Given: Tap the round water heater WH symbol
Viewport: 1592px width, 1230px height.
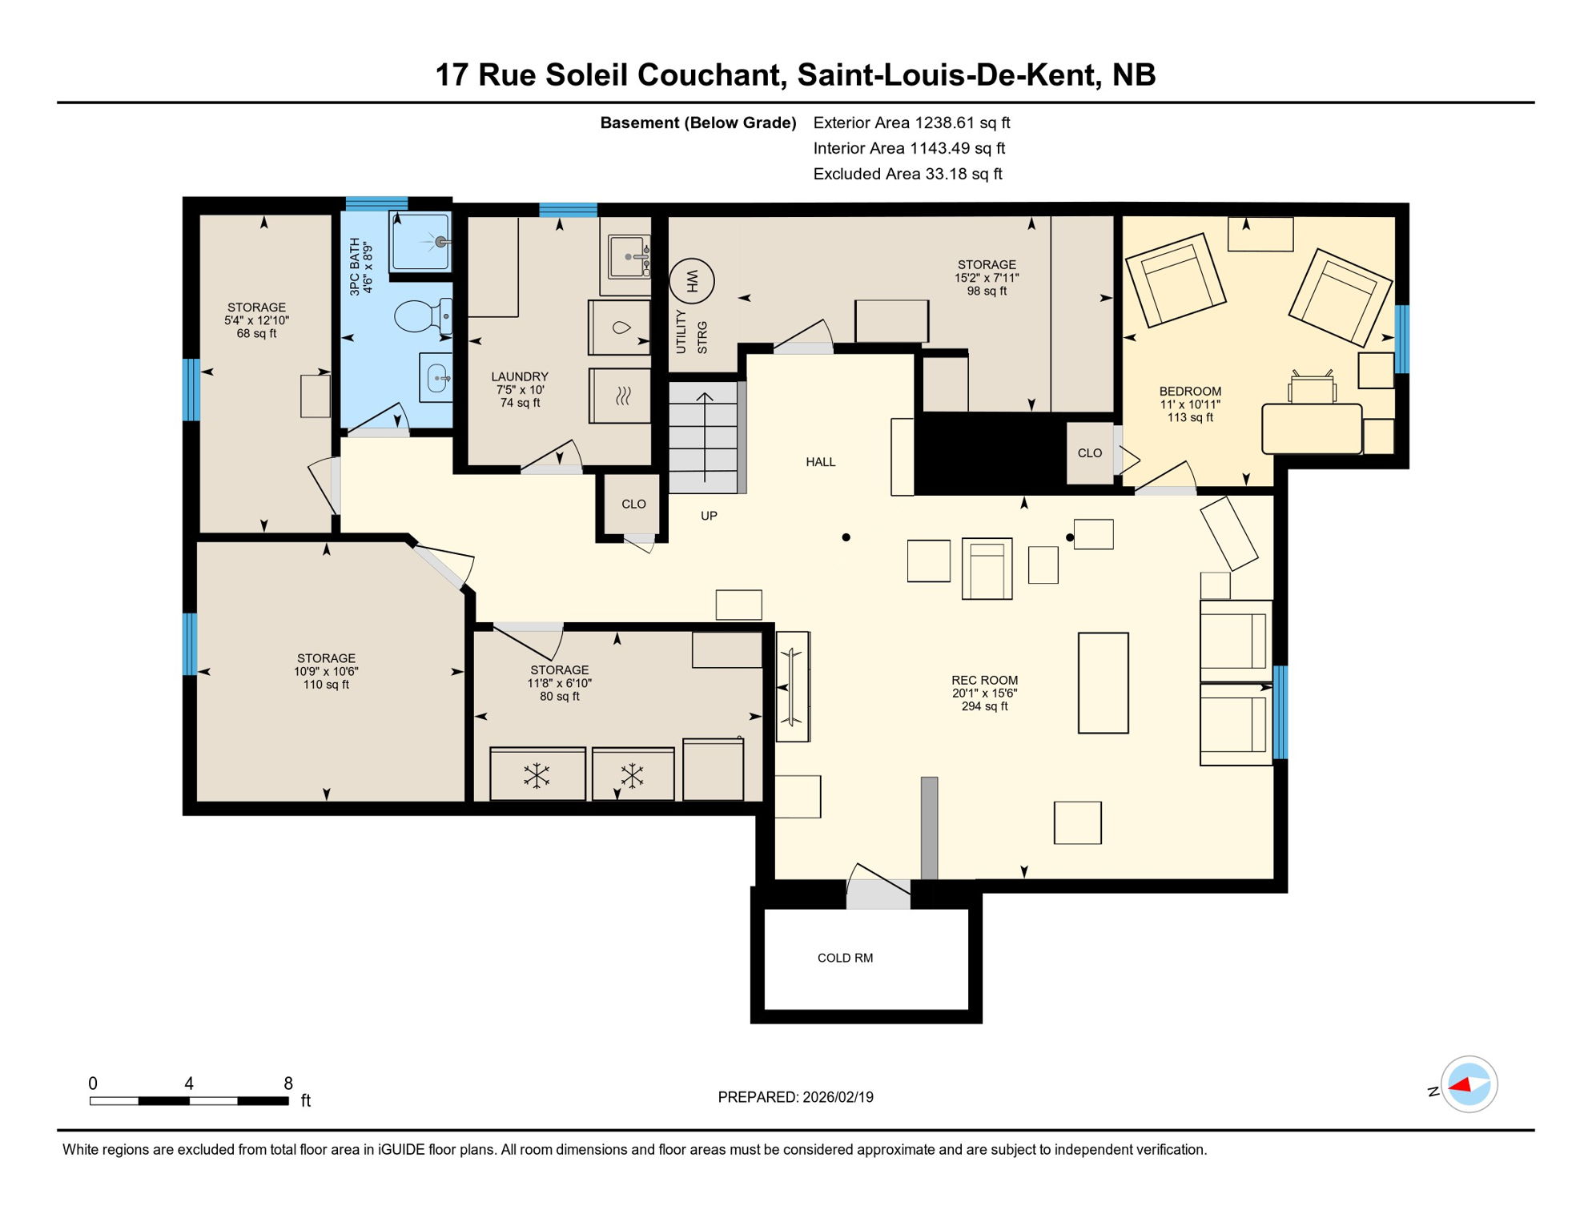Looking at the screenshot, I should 692,281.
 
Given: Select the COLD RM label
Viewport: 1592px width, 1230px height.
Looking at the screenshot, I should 845,958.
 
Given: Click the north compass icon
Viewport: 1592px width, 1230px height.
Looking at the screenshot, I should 1469,1084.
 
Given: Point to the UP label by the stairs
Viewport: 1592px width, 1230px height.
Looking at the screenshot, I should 709,516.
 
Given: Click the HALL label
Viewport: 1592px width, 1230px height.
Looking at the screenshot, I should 820,462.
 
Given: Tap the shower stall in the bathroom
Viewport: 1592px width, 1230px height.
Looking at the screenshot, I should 420,241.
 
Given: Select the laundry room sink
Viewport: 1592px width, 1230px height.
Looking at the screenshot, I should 629,256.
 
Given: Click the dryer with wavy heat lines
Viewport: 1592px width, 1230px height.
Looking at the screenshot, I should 621,396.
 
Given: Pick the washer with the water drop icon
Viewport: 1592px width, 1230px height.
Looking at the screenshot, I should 620,328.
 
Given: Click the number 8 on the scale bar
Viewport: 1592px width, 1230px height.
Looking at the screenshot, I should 288,1083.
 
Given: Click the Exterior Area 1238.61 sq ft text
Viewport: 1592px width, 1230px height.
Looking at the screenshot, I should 911,123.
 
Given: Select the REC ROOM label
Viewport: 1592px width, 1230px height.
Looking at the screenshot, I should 984,680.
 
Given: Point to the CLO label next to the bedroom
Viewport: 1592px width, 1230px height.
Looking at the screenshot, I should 1089,453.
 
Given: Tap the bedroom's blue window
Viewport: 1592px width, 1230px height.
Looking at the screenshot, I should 1401,339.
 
